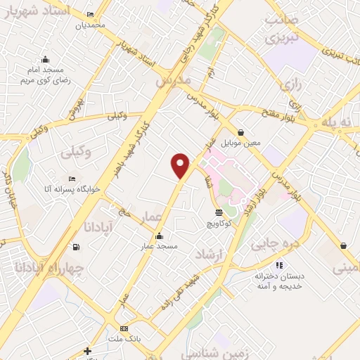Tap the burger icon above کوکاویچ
(x=219, y=212)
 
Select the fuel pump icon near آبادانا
(x=76, y=247)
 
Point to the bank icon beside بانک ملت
(x=124, y=328)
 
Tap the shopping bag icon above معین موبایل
(x=241, y=132)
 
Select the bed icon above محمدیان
(x=90, y=15)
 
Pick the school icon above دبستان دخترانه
(x=279, y=265)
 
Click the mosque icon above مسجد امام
(x=46, y=59)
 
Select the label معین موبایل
(x=241, y=143)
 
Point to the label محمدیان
(x=90, y=25)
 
